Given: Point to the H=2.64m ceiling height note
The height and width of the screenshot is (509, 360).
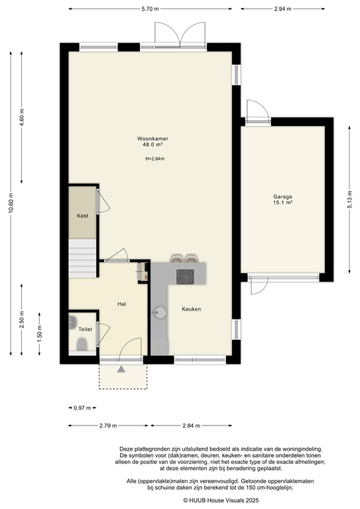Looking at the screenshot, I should coord(154,158).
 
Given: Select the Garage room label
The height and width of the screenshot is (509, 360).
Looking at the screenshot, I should coord(283,197).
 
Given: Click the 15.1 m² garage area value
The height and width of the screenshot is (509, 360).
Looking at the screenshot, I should coord(283,203).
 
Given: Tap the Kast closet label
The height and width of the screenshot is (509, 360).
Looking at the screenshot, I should coord(82,216).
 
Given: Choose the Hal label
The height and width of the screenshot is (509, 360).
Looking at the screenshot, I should coord(121,304).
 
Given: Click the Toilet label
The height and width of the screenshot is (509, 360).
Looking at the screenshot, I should coord(85,329).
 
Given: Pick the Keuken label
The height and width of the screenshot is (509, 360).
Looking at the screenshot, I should coord(192,309).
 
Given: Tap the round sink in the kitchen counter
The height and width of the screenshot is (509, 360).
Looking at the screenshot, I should coord(160,313).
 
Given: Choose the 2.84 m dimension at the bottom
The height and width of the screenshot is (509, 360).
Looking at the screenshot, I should coord(191,425).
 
